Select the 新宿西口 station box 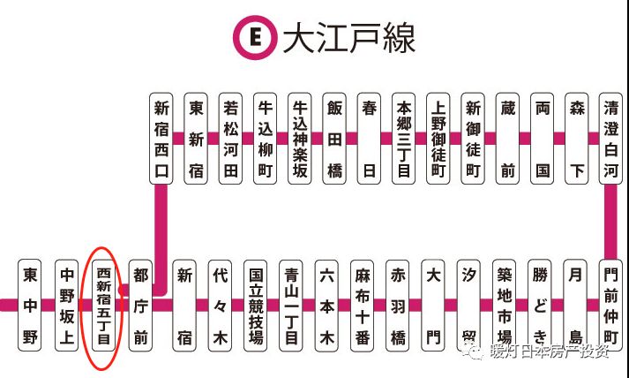click(x=161, y=138)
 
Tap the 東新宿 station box click(x=196, y=138)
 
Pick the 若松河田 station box click(x=230, y=138)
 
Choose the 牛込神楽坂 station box click(x=300, y=138)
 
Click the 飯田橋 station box click(x=334, y=138)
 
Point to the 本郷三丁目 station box click(x=403, y=138)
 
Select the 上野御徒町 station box click(x=438, y=138)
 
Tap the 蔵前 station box click(x=506, y=138)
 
